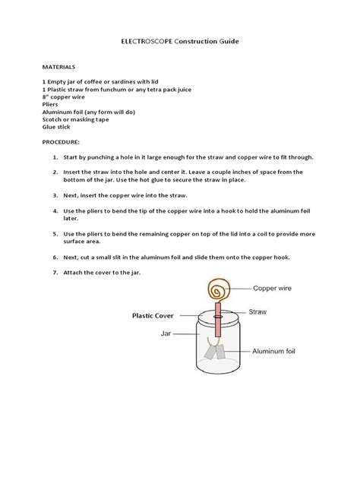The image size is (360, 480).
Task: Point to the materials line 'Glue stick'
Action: [58, 127]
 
